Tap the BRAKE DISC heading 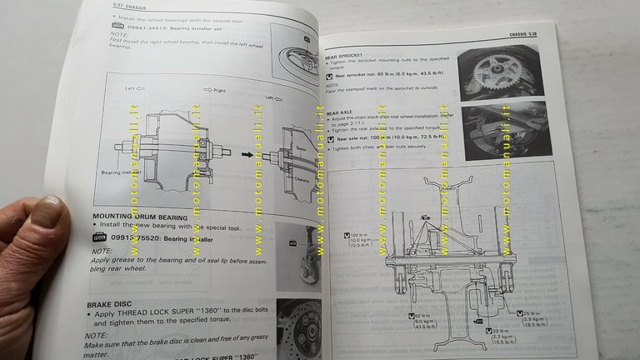click(x=112, y=306)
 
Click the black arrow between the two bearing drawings click(x=247, y=153)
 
